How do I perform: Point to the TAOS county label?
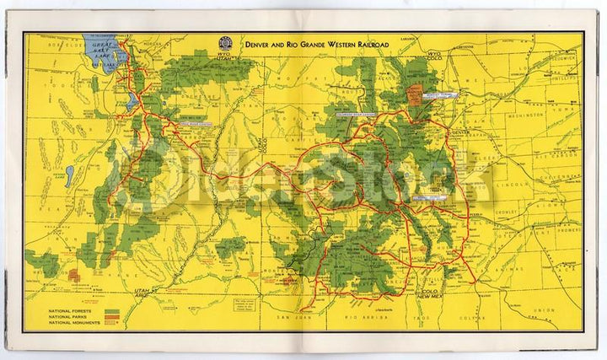coord(435,318)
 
